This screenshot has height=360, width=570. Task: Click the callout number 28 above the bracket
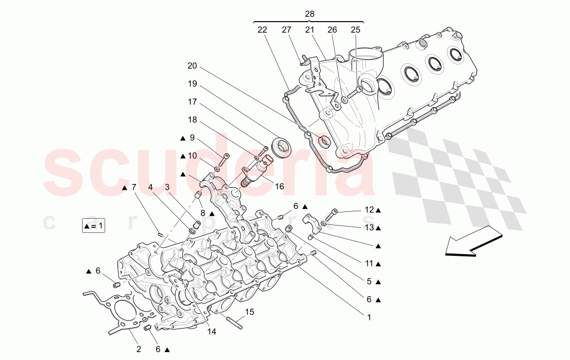[310, 14]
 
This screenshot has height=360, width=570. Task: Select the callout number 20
[192, 66]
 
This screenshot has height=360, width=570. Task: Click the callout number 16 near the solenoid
[279, 186]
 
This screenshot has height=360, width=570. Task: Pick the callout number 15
[249, 312]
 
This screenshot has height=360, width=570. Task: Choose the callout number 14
[212, 331]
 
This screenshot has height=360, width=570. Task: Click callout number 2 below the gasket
[138, 349]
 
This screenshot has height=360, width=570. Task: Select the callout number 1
[369, 317]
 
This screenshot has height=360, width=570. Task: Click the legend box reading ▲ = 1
[93, 226]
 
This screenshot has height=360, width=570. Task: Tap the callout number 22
[262, 30]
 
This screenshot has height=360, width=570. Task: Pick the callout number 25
[356, 30]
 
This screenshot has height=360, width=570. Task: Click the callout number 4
[150, 186]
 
